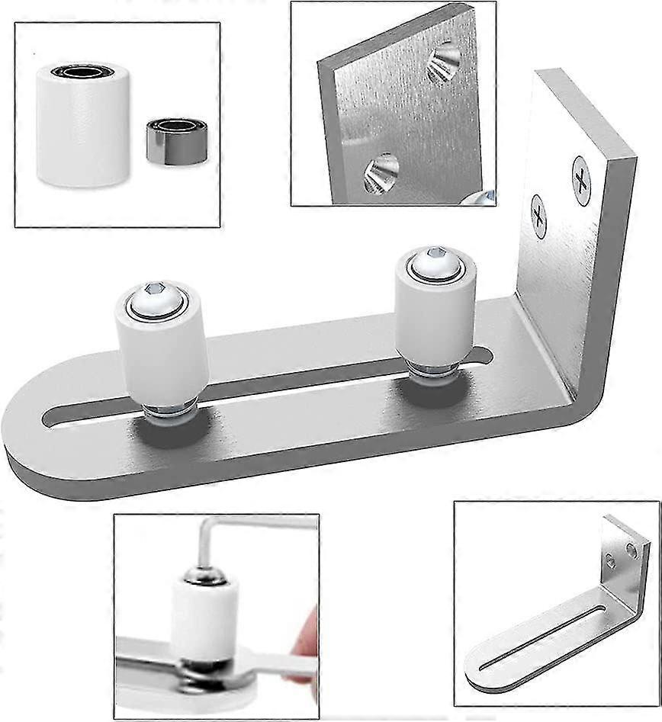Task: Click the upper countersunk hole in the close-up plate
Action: tap(445, 63)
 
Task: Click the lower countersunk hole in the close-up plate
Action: tap(381, 172)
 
